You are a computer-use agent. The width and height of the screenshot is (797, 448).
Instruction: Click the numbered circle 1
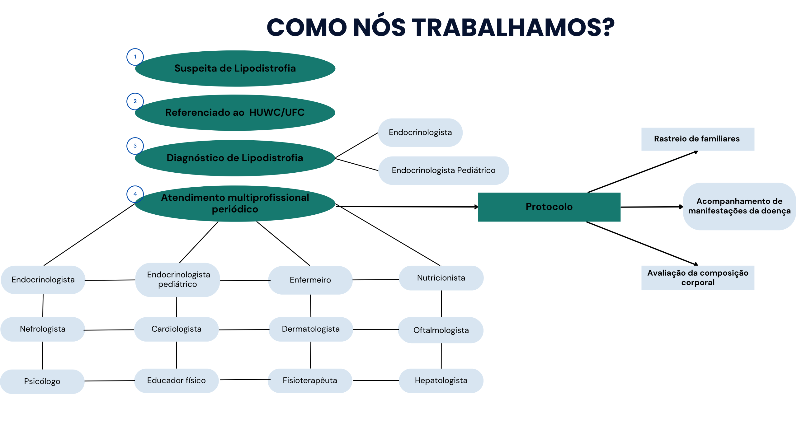click(135, 57)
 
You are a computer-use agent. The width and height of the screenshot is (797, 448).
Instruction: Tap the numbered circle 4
click(135, 194)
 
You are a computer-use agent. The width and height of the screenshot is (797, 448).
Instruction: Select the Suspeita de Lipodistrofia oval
click(235, 68)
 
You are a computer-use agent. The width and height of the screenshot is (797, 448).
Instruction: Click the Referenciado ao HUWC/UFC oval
click(235, 113)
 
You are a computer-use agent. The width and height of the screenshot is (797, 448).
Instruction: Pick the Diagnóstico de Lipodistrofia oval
click(235, 158)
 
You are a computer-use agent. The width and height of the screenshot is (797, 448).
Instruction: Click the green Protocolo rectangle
click(549, 207)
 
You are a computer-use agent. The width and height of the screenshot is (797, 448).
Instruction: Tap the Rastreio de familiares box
click(697, 139)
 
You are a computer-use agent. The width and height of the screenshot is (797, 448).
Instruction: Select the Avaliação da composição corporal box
click(697, 278)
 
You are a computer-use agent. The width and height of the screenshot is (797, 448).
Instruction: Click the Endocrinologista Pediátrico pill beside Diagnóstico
click(443, 170)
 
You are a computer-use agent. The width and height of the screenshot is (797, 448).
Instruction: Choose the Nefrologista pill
click(43, 329)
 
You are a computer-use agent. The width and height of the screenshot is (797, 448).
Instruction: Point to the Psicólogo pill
click(42, 381)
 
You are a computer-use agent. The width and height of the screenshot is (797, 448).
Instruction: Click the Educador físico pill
click(177, 380)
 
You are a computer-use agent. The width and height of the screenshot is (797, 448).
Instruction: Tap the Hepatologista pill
click(441, 380)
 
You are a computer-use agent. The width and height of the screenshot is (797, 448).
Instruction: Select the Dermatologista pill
click(311, 329)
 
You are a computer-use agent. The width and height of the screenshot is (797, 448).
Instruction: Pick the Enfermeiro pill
click(310, 280)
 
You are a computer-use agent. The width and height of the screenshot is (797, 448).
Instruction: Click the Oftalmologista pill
click(441, 330)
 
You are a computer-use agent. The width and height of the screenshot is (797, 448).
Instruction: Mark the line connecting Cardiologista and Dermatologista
click(244, 330)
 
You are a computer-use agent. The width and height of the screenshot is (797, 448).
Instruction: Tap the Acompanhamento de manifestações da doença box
click(739, 206)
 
